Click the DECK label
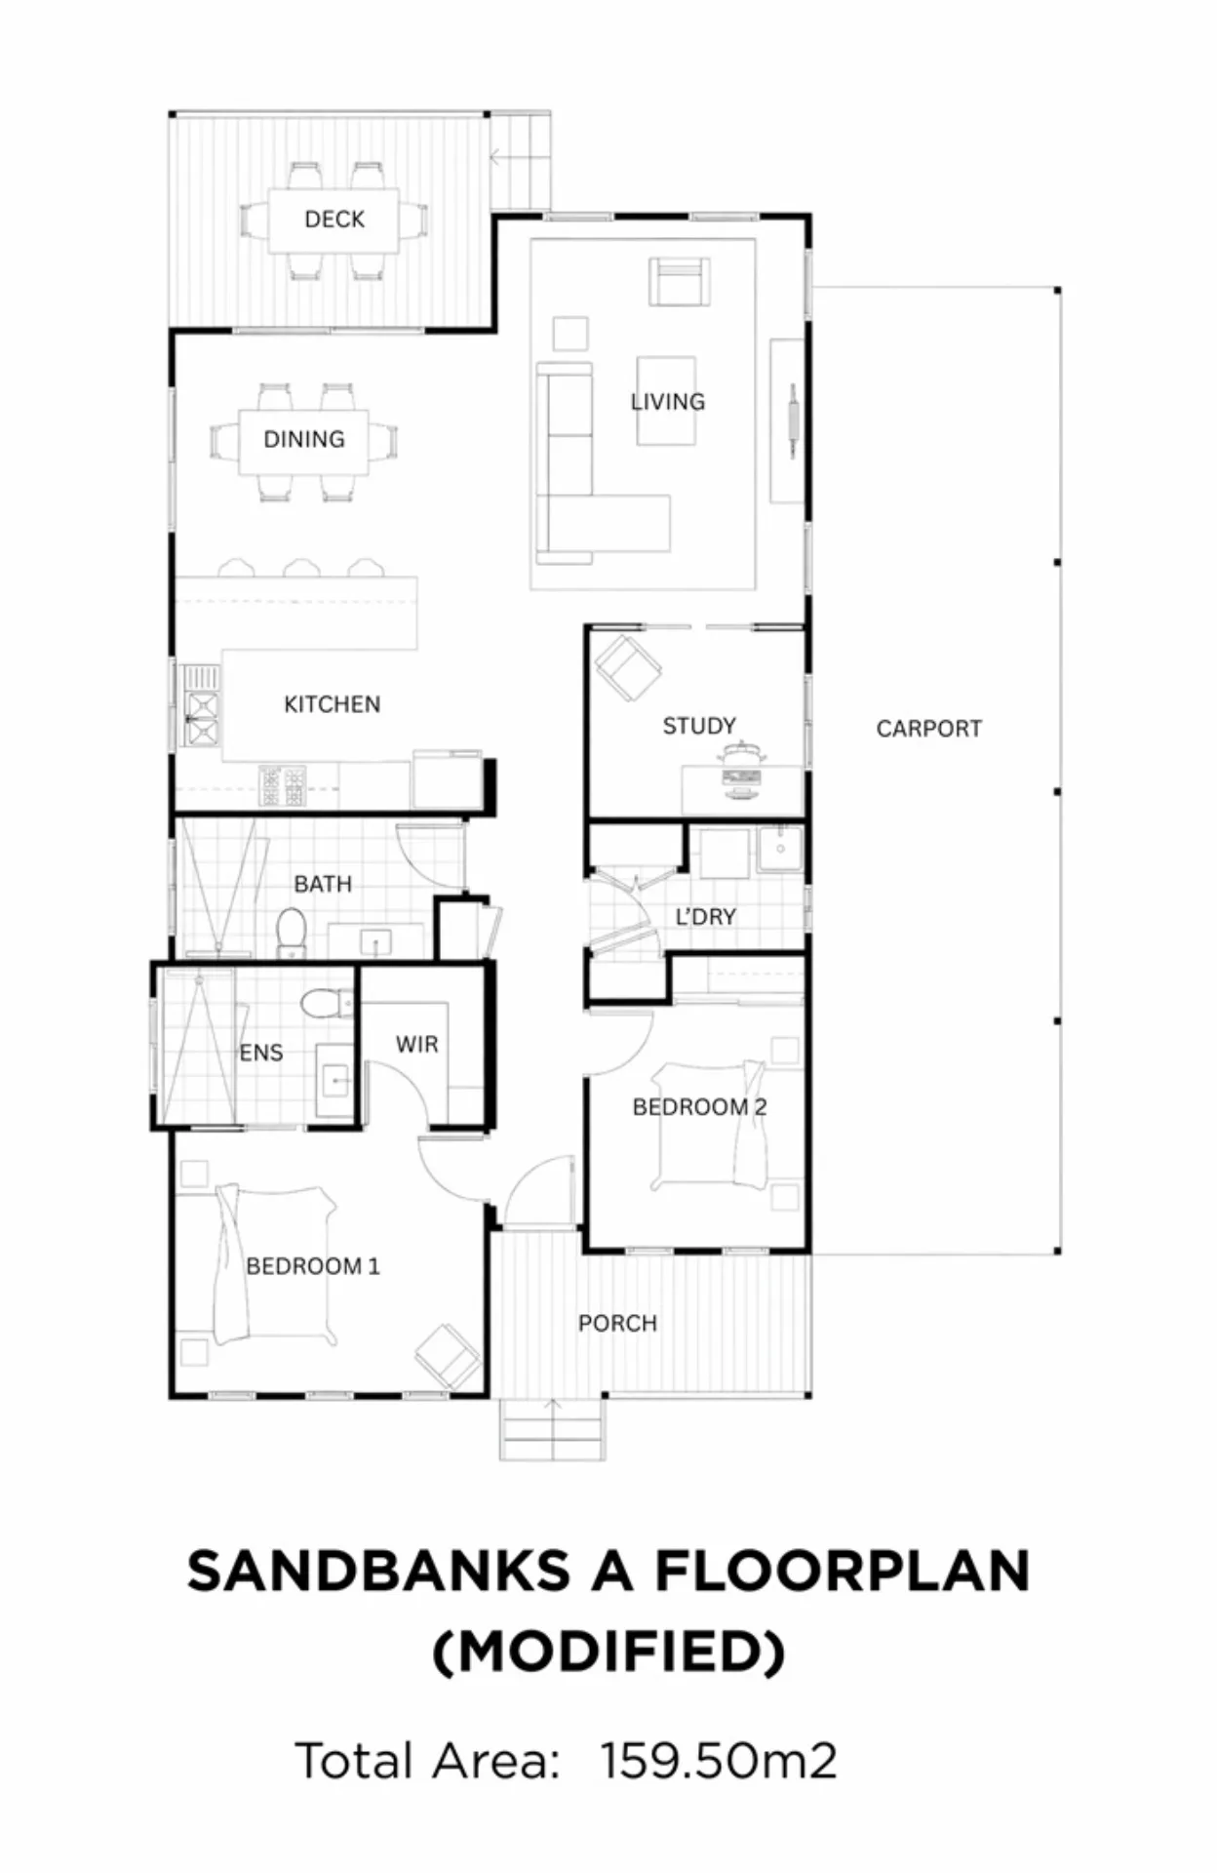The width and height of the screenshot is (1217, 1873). pos(334,219)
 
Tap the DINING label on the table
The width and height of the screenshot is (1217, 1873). pos(304,439)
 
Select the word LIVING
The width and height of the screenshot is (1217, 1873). pos(668,401)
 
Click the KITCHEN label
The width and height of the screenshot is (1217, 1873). pos(333,704)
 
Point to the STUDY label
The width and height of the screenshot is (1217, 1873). pos(699,726)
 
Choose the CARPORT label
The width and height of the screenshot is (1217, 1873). pos(929,729)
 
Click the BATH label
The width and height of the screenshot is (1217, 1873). pos(323,884)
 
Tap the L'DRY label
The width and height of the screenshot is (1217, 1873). pos(706,917)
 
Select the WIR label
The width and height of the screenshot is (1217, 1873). pos(417,1045)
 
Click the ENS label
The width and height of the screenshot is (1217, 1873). pos(261,1053)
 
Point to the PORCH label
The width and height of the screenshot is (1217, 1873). pos(618,1324)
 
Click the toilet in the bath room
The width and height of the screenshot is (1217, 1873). pos(292,933)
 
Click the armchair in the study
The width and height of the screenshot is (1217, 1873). pos(629,667)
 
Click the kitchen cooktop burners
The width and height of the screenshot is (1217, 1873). pos(282,785)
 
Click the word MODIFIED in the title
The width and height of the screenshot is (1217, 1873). pos(608,1652)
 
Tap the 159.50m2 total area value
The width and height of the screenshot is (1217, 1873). pos(719,1761)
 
